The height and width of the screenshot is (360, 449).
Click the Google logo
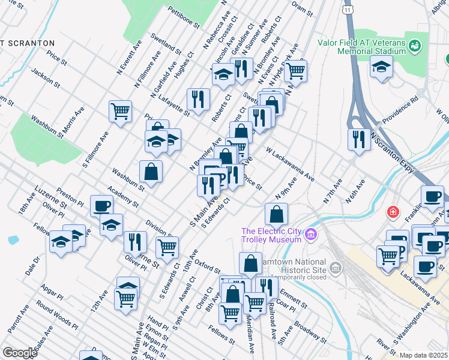click(x=19, y=353)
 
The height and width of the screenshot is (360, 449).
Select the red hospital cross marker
click(x=393, y=212)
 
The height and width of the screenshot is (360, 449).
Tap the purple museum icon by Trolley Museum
click(x=310, y=234)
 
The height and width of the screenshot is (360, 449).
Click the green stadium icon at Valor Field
click(x=414, y=46)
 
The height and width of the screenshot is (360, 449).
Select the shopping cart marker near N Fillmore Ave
click(x=120, y=110)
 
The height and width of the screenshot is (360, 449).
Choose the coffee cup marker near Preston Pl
click(x=101, y=206)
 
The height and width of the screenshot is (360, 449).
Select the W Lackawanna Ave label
click(x=291, y=167)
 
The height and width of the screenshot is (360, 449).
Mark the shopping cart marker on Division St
click(x=167, y=246)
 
